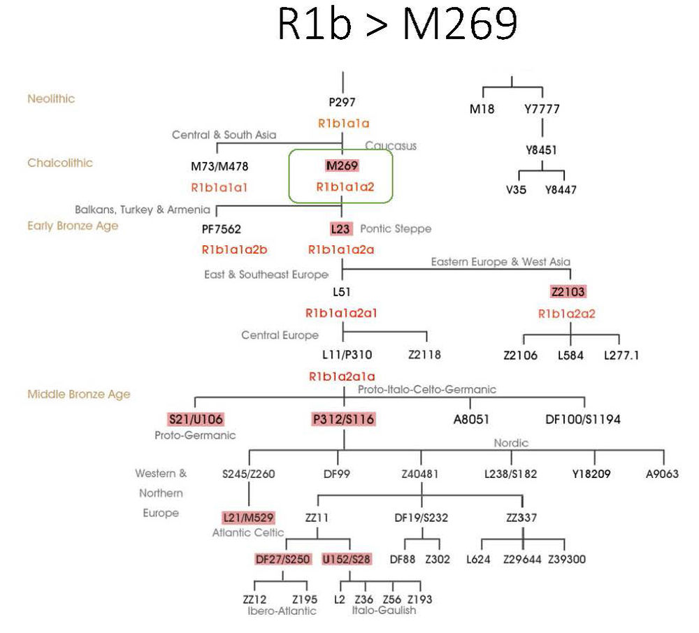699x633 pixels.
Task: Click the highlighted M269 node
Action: click(x=342, y=166)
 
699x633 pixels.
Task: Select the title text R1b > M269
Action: click(x=397, y=26)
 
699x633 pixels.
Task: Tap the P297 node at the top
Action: click(x=342, y=102)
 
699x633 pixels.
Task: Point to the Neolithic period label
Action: click(x=51, y=99)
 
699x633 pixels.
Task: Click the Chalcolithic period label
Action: click(x=60, y=163)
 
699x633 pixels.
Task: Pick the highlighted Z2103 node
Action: click(x=568, y=291)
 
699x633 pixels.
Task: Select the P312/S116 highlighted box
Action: click(x=343, y=420)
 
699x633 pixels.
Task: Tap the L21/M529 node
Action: click(x=248, y=518)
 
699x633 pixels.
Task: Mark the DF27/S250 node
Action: click(x=282, y=559)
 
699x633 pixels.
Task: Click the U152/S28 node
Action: click(x=346, y=559)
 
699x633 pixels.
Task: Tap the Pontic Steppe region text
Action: click(x=396, y=228)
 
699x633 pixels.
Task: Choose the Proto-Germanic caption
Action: click(x=194, y=435)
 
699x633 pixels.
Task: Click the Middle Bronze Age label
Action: click(x=79, y=394)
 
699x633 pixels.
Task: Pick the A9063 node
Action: click(x=661, y=474)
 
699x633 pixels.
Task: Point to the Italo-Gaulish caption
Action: click(x=384, y=610)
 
